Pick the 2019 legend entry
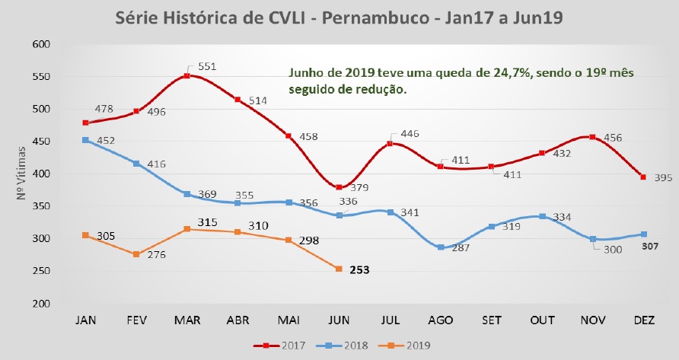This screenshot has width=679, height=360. (x=413, y=346)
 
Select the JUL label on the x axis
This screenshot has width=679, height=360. (x=390, y=319)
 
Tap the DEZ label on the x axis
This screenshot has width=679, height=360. (x=644, y=319)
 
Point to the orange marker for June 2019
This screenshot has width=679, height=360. (x=339, y=269)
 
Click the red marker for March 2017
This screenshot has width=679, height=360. (x=187, y=76)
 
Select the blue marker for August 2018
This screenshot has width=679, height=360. (x=441, y=247)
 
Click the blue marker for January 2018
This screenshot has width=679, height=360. (x=86, y=140)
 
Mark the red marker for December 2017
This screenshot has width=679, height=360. (x=644, y=177)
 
